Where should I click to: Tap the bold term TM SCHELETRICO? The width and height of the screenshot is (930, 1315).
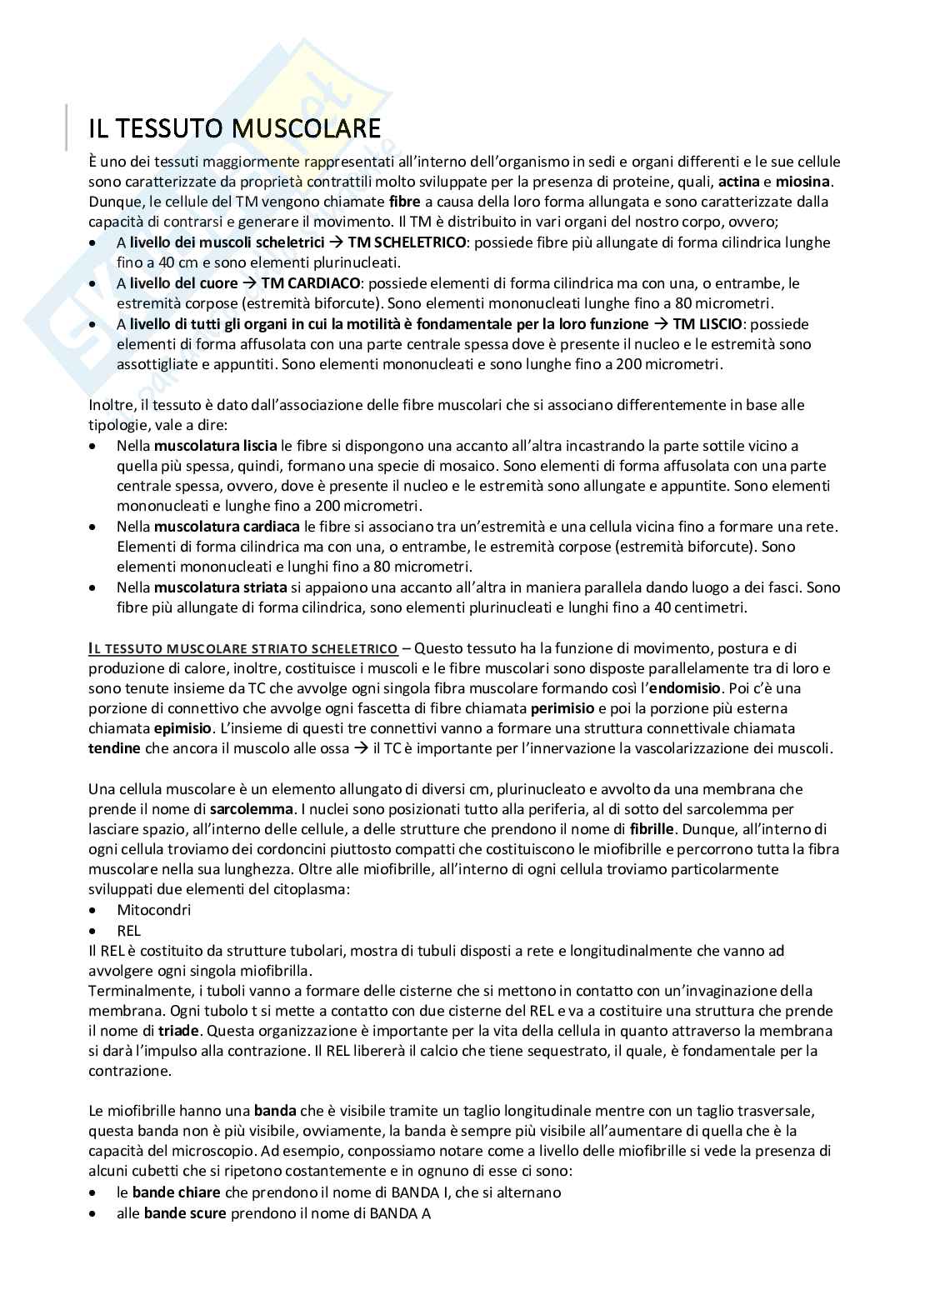coord(404,242)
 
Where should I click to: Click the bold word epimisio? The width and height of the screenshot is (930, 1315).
coord(120,729)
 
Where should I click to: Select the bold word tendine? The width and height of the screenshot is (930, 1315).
coord(114,749)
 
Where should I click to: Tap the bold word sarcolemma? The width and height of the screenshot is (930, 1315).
coord(251,809)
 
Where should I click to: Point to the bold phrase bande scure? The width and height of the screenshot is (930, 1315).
coord(185,1213)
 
